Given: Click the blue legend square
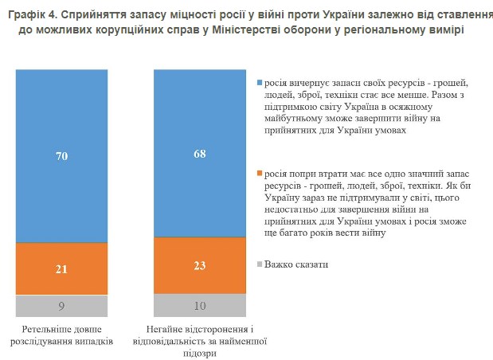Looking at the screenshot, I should coord(259,83).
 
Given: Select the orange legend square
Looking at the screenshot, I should coord(259,173).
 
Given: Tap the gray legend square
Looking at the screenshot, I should coord(259,264).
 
